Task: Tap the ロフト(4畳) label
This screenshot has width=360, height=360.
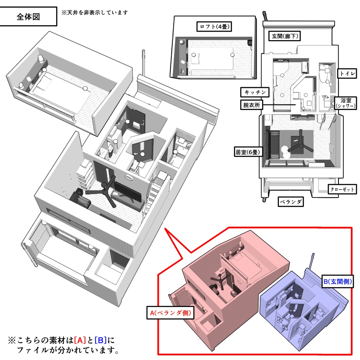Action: click(215, 26)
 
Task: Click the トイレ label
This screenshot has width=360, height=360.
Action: click(347, 73)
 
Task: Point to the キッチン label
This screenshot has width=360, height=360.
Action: click(255, 92)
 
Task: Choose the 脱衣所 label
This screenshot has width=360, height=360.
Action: click(252, 105)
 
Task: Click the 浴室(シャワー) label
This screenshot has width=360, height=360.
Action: click(346, 103)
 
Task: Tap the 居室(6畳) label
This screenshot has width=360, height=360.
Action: click(248, 152)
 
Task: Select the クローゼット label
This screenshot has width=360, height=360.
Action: click(342, 189)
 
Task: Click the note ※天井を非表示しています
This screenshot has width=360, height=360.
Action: click(95, 12)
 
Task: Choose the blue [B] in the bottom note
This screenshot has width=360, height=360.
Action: click(101, 340)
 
